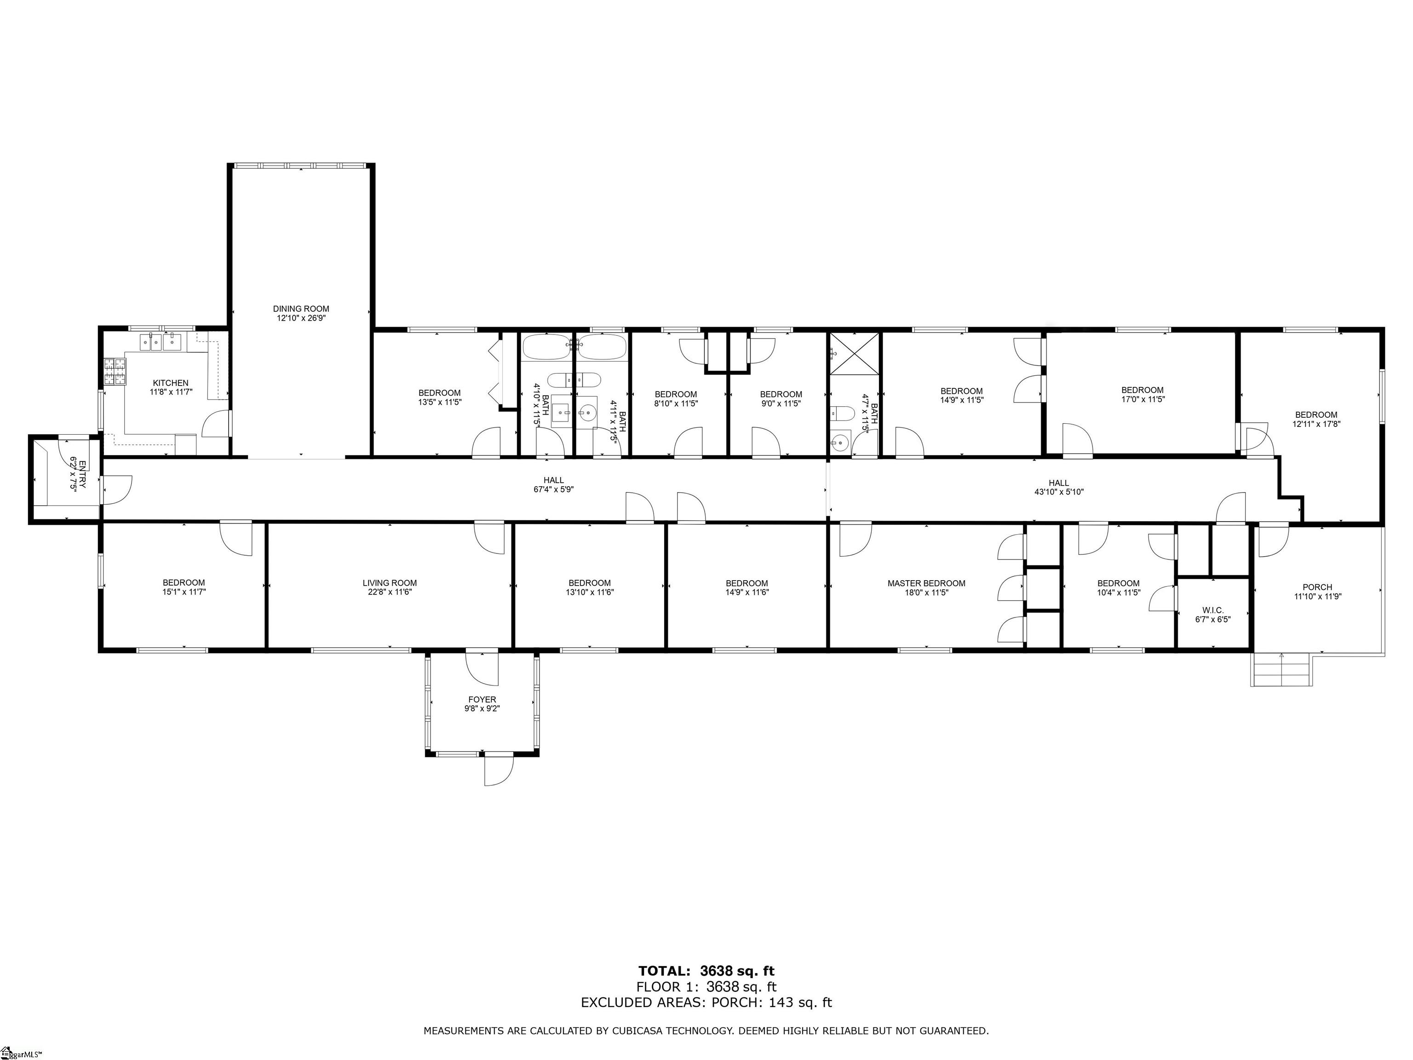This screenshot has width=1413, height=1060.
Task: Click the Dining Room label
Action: coord(300,309)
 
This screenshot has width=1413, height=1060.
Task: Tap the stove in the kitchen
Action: coord(115,372)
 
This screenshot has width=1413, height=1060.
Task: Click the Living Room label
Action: coord(390,583)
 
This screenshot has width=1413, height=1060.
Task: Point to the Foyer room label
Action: coord(482,700)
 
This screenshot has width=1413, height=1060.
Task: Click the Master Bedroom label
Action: coord(926,583)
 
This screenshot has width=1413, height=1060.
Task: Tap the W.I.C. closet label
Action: coord(1212,610)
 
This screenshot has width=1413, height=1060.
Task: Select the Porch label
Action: coord(1317,587)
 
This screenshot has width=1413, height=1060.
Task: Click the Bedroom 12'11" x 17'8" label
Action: coord(1316,419)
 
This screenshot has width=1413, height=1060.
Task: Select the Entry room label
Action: coord(77,473)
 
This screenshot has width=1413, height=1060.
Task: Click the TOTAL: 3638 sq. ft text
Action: coord(706,972)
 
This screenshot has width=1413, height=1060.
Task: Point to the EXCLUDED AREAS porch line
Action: coord(706,1002)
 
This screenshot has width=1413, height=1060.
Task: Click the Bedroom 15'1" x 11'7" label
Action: coord(184,587)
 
